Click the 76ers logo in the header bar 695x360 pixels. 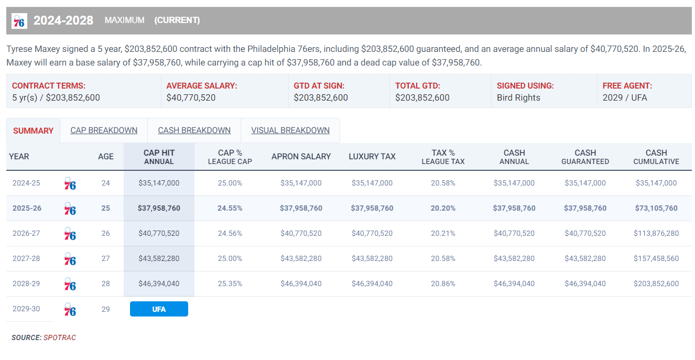[x=19, y=20]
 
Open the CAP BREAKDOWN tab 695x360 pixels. [x=104, y=130]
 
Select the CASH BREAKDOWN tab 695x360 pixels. [x=194, y=130]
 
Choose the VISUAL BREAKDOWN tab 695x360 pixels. [x=290, y=130]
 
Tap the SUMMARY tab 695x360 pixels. [x=33, y=131]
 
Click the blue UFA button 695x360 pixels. [x=159, y=309]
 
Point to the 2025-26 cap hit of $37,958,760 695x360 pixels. [x=159, y=208]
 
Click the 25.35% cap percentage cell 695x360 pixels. [x=230, y=283]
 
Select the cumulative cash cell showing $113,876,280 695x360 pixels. [x=656, y=233]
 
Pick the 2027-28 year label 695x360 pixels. [x=26, y=258]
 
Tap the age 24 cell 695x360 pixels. [x=106, y=183]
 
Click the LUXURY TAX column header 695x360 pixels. [x=372, y=156]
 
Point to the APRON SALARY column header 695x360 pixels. [x=301, y=156]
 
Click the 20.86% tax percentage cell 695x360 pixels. [x=443, y=283]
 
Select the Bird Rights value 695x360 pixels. [x=518, y=97]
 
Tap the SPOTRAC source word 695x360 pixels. [x=60, y=337]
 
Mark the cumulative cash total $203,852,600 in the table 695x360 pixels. [x=656, y=283]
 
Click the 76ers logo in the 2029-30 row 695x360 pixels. [x=70, y=310]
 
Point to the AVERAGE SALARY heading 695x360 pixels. [x=202, y=85]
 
